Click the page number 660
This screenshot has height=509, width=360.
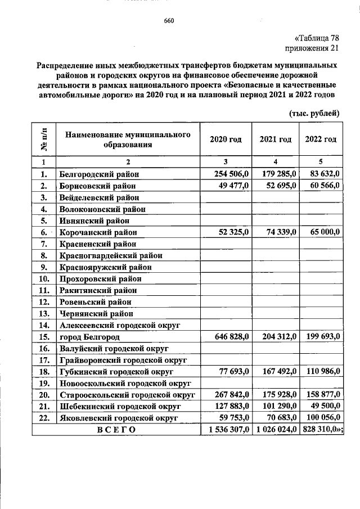169,21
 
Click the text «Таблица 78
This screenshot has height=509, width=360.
317,38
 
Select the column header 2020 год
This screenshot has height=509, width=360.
226,139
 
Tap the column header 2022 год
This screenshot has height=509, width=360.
321,139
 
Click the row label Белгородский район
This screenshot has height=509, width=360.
98,174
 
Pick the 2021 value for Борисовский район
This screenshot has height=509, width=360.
277,186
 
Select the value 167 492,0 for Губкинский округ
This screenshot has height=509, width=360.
277,372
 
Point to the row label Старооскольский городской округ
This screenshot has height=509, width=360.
127,395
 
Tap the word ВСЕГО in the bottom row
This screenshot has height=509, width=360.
116,430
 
